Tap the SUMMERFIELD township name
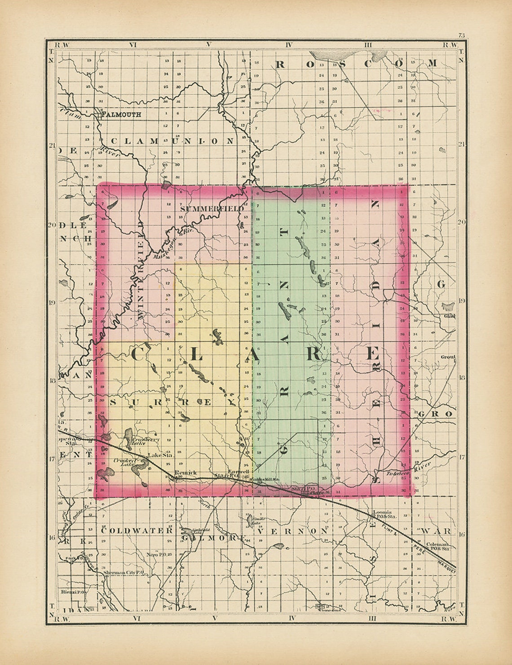pos(212,208)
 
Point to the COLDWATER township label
pos(137,530)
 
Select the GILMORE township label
pos(213,537)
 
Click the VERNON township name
pos(293,531)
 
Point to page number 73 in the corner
pos(461,35)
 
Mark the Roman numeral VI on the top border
pos(132,44)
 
